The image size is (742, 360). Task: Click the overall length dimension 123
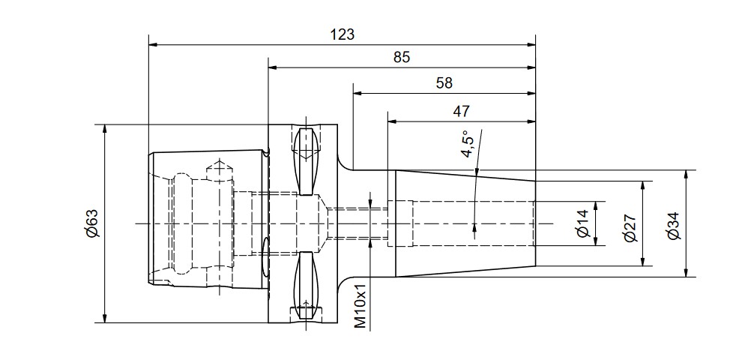(x=343, y=34)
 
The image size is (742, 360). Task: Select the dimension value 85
(x=401, y=57)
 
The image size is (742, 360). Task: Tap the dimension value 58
(x=444, y=83)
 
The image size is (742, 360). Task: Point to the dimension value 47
(x=462, y=111)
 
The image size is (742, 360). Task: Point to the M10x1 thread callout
(x=361, y=306)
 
